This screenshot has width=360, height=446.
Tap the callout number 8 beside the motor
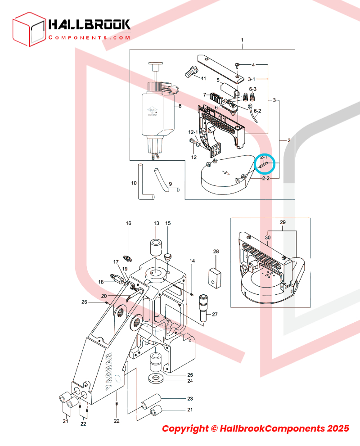[x=180, y=106]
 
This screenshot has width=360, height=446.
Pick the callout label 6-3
[x=253, y=90]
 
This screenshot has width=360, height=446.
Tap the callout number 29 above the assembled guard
[x=283, y=223]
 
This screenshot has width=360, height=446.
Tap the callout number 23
[x=190, y=399]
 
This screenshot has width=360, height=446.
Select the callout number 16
[x=128, y=224]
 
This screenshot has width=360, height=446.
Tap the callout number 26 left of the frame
[x=84, y=302]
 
